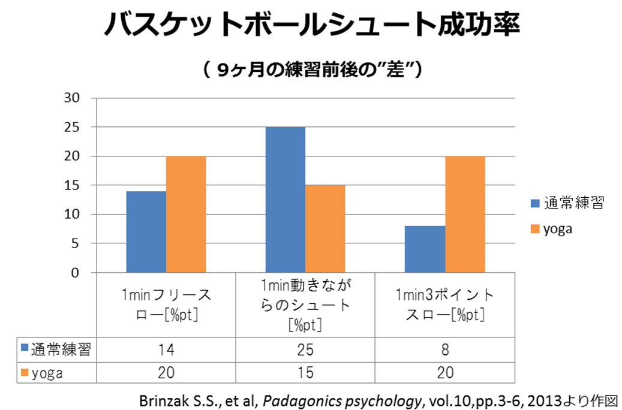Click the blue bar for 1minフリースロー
click(x=146, y=232)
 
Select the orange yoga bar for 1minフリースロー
click(x=186, y=215)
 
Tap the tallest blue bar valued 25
click(x=285, y=200)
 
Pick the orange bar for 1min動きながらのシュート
click(x=325, y=229)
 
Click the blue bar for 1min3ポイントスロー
click(x=425, y=249)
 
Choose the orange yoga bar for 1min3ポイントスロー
click(x=465, y=215)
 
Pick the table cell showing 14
click(x=166, y=350)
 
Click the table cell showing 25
click(x=305, y=350)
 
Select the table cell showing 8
click(x=445, y=350)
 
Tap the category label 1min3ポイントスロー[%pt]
click(x=445, y=304)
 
